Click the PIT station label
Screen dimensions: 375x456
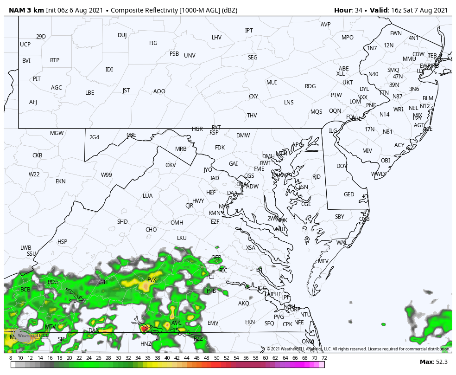37,79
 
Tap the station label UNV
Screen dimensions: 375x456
190,56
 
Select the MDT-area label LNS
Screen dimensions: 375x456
289,103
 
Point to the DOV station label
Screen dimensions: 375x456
342,166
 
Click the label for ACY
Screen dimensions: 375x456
399,145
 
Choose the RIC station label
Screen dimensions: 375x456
223,270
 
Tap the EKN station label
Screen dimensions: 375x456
61,181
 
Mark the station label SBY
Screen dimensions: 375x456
340,217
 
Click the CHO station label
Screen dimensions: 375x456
151,230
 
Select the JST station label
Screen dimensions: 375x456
126,91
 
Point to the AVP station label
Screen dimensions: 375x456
325,25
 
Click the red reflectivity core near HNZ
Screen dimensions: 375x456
144,329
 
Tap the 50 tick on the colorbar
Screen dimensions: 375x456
216,358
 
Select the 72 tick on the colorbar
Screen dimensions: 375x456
324,358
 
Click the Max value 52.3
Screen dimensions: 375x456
441,362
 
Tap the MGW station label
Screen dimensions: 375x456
57,133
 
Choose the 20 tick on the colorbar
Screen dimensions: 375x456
70,358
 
